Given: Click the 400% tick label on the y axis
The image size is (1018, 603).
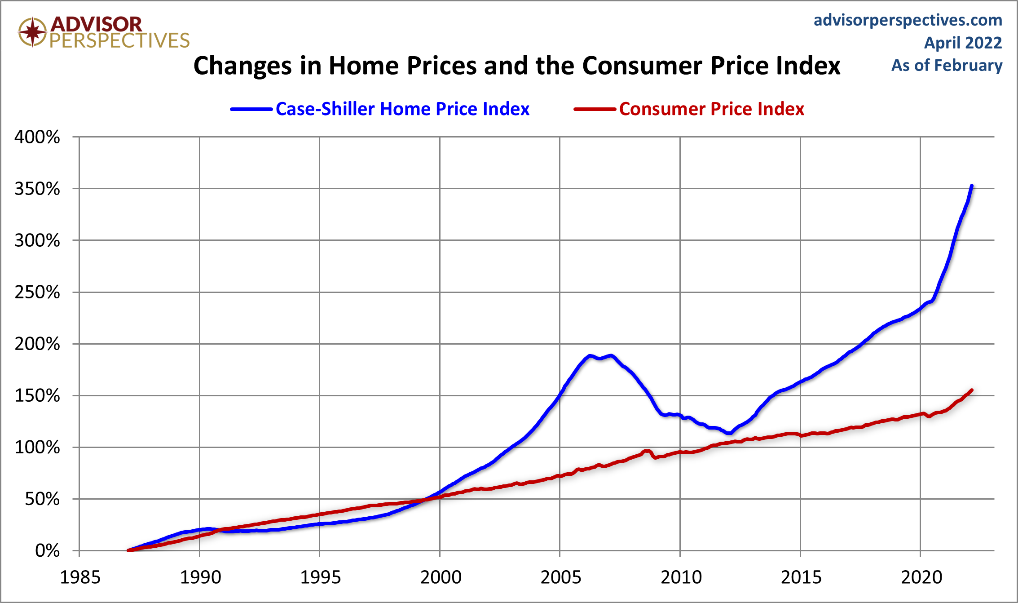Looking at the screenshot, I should click(37, 137).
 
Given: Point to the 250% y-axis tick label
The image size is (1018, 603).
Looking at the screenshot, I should click(37, 293).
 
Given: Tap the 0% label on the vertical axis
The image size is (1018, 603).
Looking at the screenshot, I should click(47, 551).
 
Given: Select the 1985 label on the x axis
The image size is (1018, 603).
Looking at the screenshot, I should click(80, 577).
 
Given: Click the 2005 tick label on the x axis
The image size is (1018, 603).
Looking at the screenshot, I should click(560, 577).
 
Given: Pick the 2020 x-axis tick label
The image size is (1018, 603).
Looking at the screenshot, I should click(921, 577).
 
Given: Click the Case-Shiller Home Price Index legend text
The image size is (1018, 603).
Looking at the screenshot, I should click(402, 109).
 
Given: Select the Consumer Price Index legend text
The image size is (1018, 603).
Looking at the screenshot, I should click(711, 109).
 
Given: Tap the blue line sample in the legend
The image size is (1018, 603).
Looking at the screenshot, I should click(251, 109).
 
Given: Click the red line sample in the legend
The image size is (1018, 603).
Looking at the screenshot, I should click(595, 109).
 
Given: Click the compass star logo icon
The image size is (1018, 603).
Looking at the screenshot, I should click(32, 32).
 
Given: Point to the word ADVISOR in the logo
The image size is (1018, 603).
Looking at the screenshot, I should click(96, 24).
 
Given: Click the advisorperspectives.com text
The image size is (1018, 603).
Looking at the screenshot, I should click(908, 20).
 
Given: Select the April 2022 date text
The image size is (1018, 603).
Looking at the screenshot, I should click(963, 43).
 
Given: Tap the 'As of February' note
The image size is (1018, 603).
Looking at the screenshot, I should click(947, 66).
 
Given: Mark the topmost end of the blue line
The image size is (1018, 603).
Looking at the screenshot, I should click(972, 186).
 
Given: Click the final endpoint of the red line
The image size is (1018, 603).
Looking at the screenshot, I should click(972, 390).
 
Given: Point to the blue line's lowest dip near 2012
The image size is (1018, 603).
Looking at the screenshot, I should click(729, 433).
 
